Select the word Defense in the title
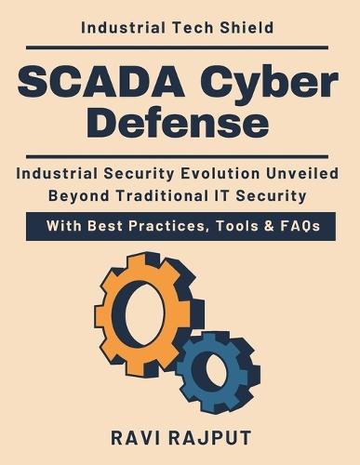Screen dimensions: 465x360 pos(180,123)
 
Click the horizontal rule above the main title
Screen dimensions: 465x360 pos(180,46)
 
